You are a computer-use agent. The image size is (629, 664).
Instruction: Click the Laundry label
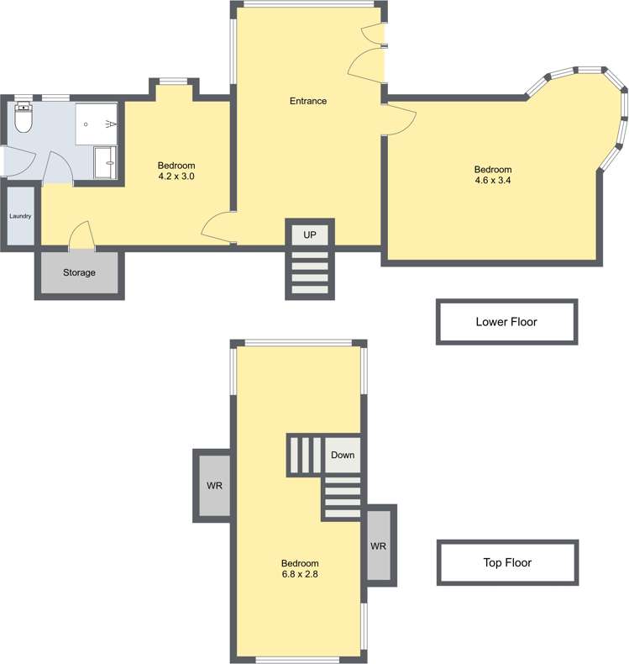tap(20, 216)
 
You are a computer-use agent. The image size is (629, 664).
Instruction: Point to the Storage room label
tap(79, 272)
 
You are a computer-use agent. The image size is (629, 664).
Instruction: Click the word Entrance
tap(308, 101)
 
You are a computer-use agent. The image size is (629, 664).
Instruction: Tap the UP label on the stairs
tap(310, 235)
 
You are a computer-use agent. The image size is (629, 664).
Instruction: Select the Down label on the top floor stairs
tap(343, 455)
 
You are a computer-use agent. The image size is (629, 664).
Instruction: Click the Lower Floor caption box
tap(506, 321)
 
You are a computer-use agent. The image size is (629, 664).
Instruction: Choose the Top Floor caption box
tap(506, 562)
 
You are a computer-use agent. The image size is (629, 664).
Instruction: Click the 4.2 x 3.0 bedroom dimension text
tap(176, 177)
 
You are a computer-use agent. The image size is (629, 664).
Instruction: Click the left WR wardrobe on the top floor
tap(214, 486)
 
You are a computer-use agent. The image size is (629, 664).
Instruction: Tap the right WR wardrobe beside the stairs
tap(378, 545)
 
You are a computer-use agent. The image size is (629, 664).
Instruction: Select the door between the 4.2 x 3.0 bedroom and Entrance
tap(217, 227)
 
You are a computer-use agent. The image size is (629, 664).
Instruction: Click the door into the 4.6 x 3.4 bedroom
tap(400, 119)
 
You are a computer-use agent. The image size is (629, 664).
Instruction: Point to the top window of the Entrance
tap(307, 5)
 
